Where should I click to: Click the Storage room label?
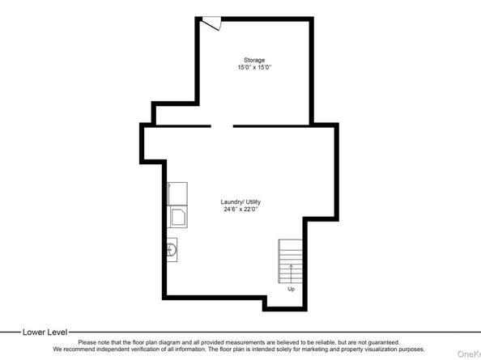pos(254,60)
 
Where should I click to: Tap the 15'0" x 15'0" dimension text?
pos(254,67)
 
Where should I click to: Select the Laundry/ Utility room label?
pos(240,202)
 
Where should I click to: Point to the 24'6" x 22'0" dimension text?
pos(240,210)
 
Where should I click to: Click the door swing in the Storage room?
pos(211,23)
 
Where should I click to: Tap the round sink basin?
pos(172,250)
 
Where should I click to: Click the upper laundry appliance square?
pos(177,193)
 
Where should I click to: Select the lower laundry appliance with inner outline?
pos(177,217)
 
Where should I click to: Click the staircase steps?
pos(290,261)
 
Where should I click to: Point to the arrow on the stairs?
pos(291,273)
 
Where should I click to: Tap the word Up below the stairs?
pos(292,289)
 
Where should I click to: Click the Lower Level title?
pos(45,332)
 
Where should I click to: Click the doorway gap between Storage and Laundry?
pos(222,126)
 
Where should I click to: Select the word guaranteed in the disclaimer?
pos(384,342)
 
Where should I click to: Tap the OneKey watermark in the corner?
pos(469,354)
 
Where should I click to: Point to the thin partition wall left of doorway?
pos(184,126)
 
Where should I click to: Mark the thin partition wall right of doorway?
pos(271,126)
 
